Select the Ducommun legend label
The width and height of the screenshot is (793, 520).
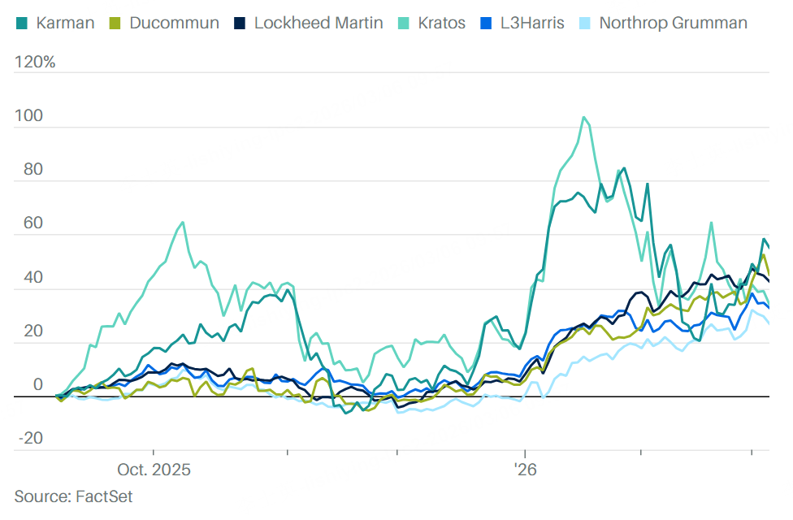tap(175, 22)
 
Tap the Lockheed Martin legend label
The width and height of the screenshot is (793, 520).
tap(318, 22)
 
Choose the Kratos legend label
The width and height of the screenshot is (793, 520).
tap(441, 22)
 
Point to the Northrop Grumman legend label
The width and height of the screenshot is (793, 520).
tap(673, 22)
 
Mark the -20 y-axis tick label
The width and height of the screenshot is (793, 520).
tap(30, 439)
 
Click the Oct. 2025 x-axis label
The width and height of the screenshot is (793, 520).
tap(154, 470)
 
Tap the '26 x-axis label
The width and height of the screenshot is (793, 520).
tap(526, 470)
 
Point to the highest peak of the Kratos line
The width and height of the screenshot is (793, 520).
tap(584, 117)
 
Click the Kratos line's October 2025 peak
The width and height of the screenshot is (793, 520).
tap(182, 222)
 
